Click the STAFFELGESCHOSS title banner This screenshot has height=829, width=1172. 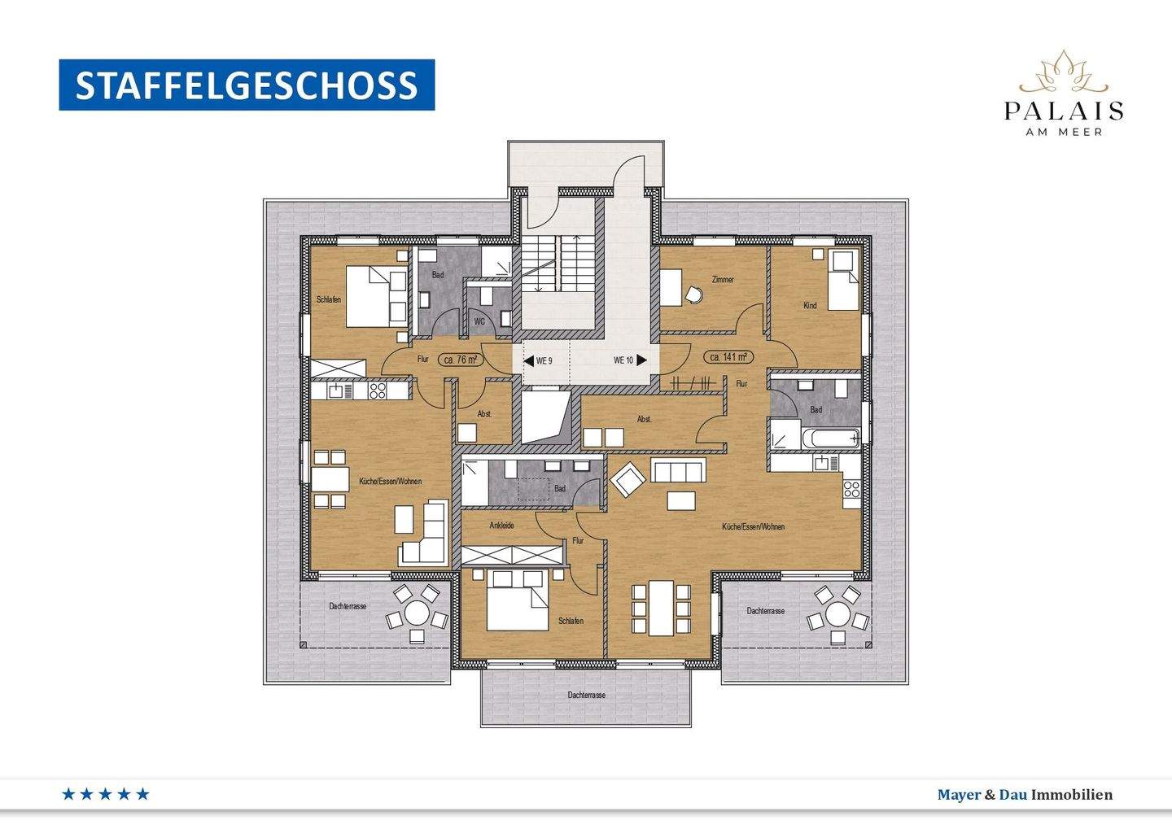(247, 85)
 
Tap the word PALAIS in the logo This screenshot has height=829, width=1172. (1064, 111)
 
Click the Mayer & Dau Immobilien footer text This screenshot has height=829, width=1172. (1025, 795)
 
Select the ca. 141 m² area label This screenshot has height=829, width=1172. (728, 357)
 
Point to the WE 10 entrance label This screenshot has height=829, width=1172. (623, 360)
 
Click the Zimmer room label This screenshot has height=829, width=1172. (723, 280)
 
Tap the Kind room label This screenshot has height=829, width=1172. (810, 306)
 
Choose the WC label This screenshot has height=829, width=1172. (479, 321)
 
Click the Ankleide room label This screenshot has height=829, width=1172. (501, 526)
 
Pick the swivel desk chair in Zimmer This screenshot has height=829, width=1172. (693, 295)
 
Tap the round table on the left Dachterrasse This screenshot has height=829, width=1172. (418, 612)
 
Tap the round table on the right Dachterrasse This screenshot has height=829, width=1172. (837, 612)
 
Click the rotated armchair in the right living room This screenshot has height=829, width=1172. (628, 480)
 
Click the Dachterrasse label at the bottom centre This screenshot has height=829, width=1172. (587, 696)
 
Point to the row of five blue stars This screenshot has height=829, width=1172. (106, 794)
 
